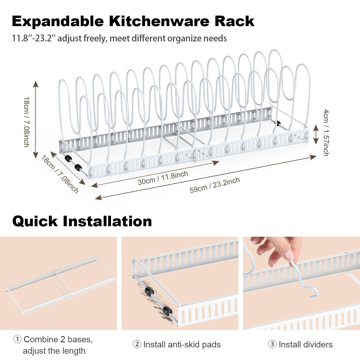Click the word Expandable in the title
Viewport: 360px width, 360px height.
tap(58, 22)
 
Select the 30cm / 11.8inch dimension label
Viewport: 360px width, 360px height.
tap(163, 178)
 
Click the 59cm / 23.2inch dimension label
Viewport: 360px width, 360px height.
tap(215, 185)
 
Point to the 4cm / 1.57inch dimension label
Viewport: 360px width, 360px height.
tap(326, 133)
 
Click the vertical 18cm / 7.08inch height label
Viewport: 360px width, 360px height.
tap(26, 122)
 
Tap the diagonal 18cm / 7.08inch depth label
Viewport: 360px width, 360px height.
tap(60, 174)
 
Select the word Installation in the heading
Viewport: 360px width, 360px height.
tap(107, 221)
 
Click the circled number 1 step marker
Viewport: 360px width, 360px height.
tap(17, 339)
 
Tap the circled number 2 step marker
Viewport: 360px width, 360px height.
tap(137, 344)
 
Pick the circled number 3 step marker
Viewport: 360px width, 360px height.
tap(272, 344)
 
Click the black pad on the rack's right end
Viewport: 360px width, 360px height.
tap(279, 123)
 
